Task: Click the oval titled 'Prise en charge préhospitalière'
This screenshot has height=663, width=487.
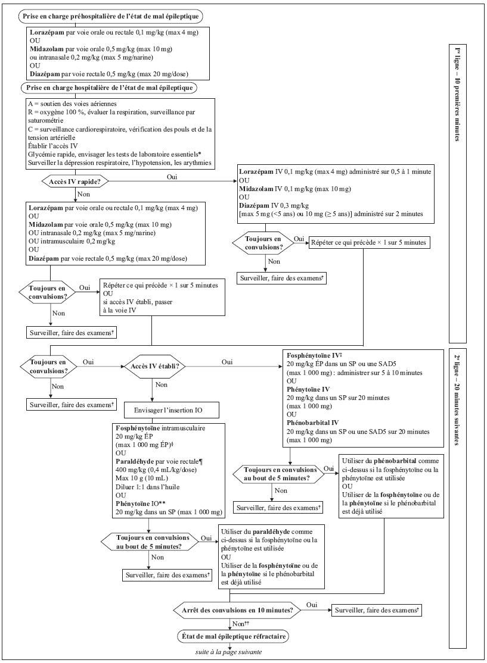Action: [x=110, y=17]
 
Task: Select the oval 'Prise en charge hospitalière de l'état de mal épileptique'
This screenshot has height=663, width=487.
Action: [x=109, y=88]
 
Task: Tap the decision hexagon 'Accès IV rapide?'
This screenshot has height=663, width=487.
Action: [x=75, y=182]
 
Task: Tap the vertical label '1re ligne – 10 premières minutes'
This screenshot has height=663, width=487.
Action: [x=457, y=95]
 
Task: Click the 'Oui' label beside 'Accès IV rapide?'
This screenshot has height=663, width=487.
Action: [x=172, y=177]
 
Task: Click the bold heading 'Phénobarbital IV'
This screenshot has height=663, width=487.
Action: [x=312, y=423]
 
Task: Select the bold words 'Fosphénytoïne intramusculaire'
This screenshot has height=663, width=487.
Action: [x=160, y=428]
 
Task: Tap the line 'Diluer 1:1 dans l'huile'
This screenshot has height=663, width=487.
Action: [x=147, y=487]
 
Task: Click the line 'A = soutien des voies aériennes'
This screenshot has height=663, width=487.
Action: [x=72, y=104]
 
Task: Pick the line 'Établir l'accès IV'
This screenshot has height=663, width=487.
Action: [x=53, y=146]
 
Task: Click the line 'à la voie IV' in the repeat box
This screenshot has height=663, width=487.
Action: [x=120, y=310]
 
